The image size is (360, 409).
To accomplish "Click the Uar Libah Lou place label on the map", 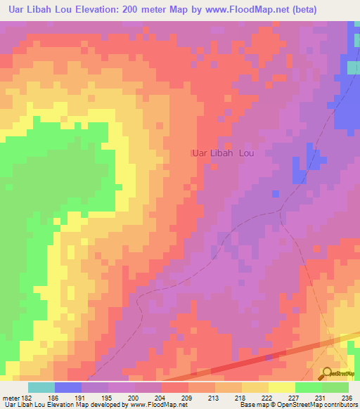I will pos(223,152).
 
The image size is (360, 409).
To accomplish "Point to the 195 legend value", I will pos(108,398).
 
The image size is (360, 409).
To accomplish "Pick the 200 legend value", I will pos(135,398).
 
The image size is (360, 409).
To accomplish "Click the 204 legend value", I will pos(162,398).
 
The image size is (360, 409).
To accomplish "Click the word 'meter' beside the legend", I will pos(11,398).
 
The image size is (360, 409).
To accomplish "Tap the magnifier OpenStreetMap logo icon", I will pos(328,372).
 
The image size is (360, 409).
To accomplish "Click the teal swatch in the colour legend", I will pos(41,387).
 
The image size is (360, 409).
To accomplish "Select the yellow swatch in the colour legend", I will pos(282,387).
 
